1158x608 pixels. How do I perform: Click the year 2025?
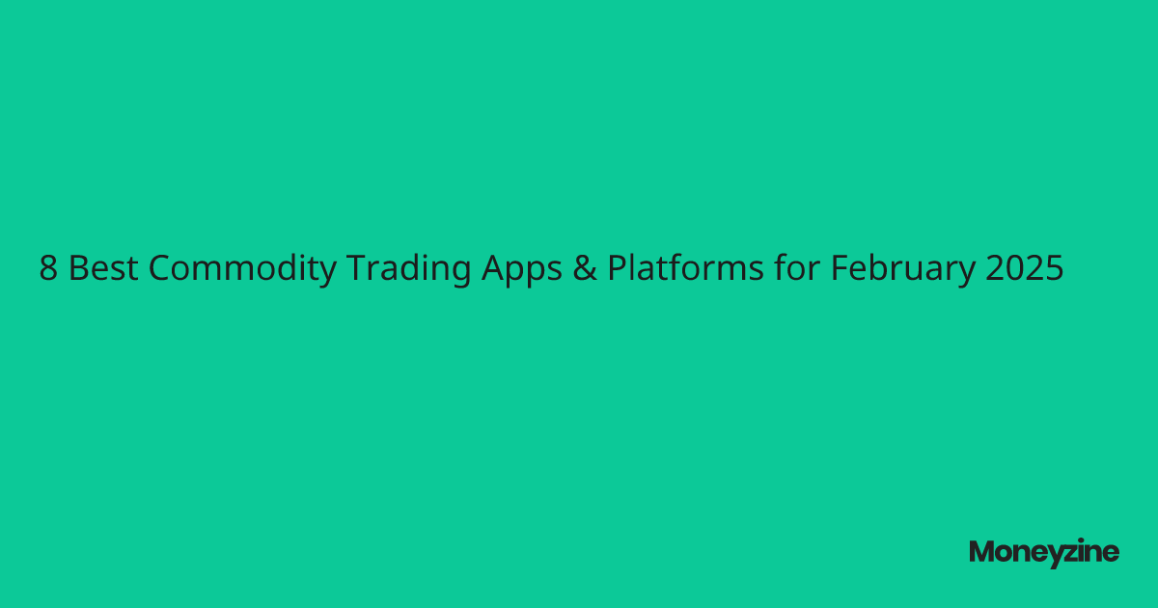click(1025, 269)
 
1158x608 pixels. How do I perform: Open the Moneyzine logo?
click(1044, 552)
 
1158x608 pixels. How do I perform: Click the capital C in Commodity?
click(161, 269)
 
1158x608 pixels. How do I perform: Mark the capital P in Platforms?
click(616, 269)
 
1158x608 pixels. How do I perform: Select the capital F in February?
click(840, 269)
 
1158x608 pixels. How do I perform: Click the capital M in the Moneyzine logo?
click(981, 552)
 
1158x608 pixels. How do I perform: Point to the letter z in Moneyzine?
click(1063, 553)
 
